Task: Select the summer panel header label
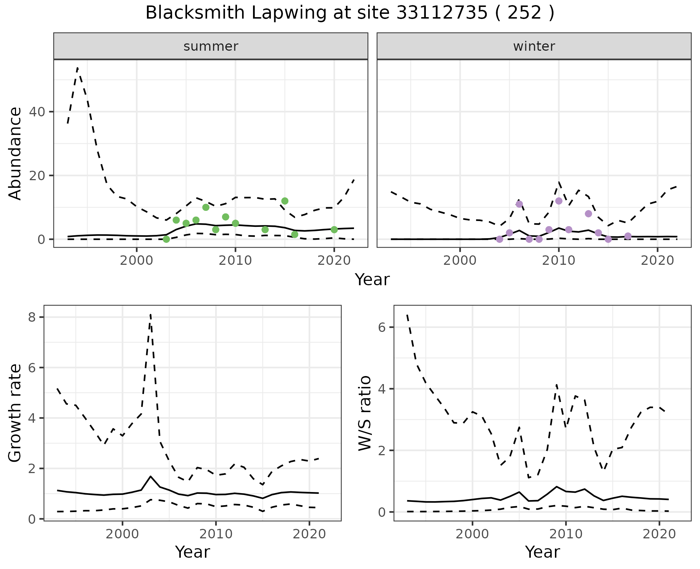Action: tap(211, 46)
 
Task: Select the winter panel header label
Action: tap(534, 46)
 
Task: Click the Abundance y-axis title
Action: tap(15, 154)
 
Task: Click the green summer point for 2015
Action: tap(285, 201)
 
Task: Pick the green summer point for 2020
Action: tap(334, 229)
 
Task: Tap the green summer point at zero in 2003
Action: tap(166, 239)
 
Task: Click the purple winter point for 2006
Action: tap(519, 204)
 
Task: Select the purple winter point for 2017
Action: tap(628, 236)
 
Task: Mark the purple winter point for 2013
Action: tap(588, 214)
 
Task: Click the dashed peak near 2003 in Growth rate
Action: tap(151, 314)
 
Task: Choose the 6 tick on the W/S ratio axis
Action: tap(381, 327)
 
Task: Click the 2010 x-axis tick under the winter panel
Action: tap(559, 260)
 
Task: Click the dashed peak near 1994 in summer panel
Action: tap(78, 68)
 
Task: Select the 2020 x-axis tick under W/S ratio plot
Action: tap(659, 534)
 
